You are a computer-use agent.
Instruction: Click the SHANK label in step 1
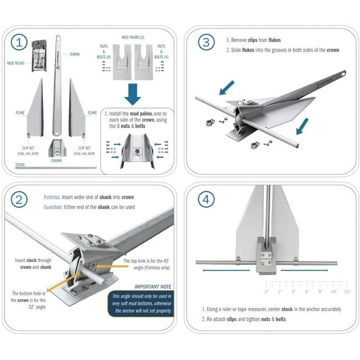pyautogui.click(x=75, y=54)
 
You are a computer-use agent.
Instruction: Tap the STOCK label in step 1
pyautogui.click(x=20, y=164)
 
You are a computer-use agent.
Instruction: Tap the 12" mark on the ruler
pyautogui.click(x=347, y=291)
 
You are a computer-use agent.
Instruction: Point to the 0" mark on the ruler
pyautogui.click(x=267, y=291)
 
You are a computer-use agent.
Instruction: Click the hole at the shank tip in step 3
pyautogui.click(x=344, y=73)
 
